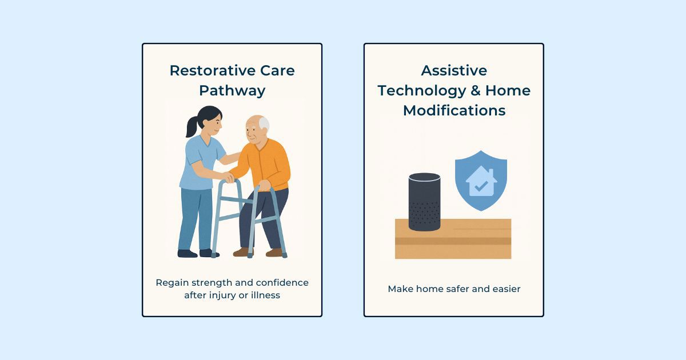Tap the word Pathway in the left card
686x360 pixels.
tap(232, 90)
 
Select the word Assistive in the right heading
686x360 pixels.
tap(454, 70)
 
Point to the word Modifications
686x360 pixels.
tap(454, 110)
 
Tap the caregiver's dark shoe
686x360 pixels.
tap(186, 253)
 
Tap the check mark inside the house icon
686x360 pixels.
tap(481, 186)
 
